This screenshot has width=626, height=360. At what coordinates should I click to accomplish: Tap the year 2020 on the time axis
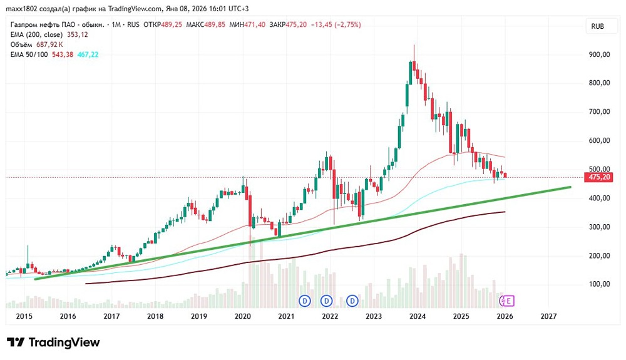click(242, 317)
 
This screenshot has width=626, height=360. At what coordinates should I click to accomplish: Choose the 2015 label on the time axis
click(24, 317)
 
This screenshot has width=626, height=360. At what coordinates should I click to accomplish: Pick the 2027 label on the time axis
click(548, 317)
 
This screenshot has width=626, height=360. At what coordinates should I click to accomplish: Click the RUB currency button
click(597, 26)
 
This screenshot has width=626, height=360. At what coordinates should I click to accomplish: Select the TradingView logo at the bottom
click(53, 342)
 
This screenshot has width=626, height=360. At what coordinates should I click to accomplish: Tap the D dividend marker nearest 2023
click(353, 301)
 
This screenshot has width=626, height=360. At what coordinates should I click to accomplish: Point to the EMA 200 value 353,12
click(77, 34)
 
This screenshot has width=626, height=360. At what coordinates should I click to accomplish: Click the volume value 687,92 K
click(56, 44)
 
